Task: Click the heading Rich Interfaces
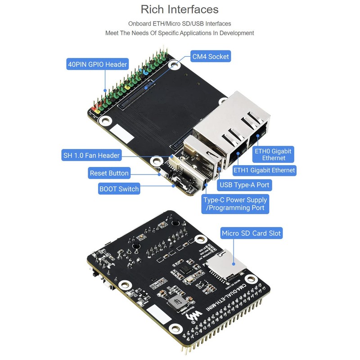180,9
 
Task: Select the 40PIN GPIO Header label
97,64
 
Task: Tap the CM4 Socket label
211,57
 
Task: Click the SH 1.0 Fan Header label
91,156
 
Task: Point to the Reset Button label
109,173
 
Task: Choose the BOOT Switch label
119,189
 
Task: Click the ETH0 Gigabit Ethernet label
273,154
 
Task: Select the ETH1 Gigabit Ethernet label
264,170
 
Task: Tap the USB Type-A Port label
245,184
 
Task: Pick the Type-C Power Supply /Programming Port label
235,204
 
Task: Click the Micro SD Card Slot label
251,233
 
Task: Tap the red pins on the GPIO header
95,109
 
